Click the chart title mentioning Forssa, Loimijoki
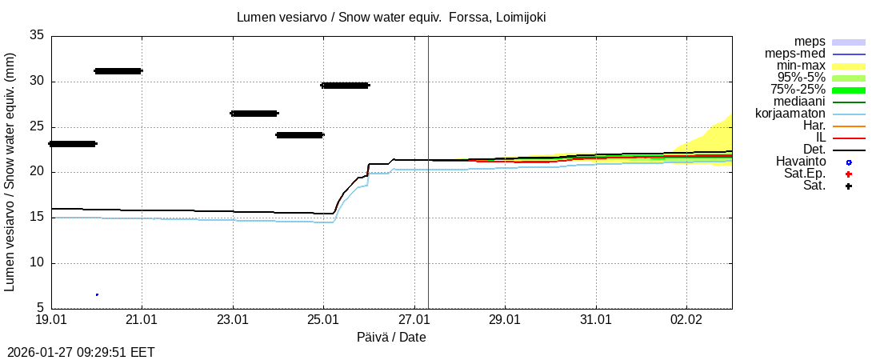[392, 17]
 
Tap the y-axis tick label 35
[37, 35]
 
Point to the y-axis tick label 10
[37, 263]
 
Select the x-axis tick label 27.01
[414, 319]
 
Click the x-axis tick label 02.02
[686, 319]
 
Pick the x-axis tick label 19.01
[51, 319]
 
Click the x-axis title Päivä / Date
[391, 338]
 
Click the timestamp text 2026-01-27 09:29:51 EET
[81, 352]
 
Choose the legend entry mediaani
[799, 102]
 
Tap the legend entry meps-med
[795, 54]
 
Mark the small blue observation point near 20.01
[97, 294]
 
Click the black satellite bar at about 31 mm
[118, 71]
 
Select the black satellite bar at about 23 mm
[73, 144]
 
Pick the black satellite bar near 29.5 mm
[345, 85]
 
